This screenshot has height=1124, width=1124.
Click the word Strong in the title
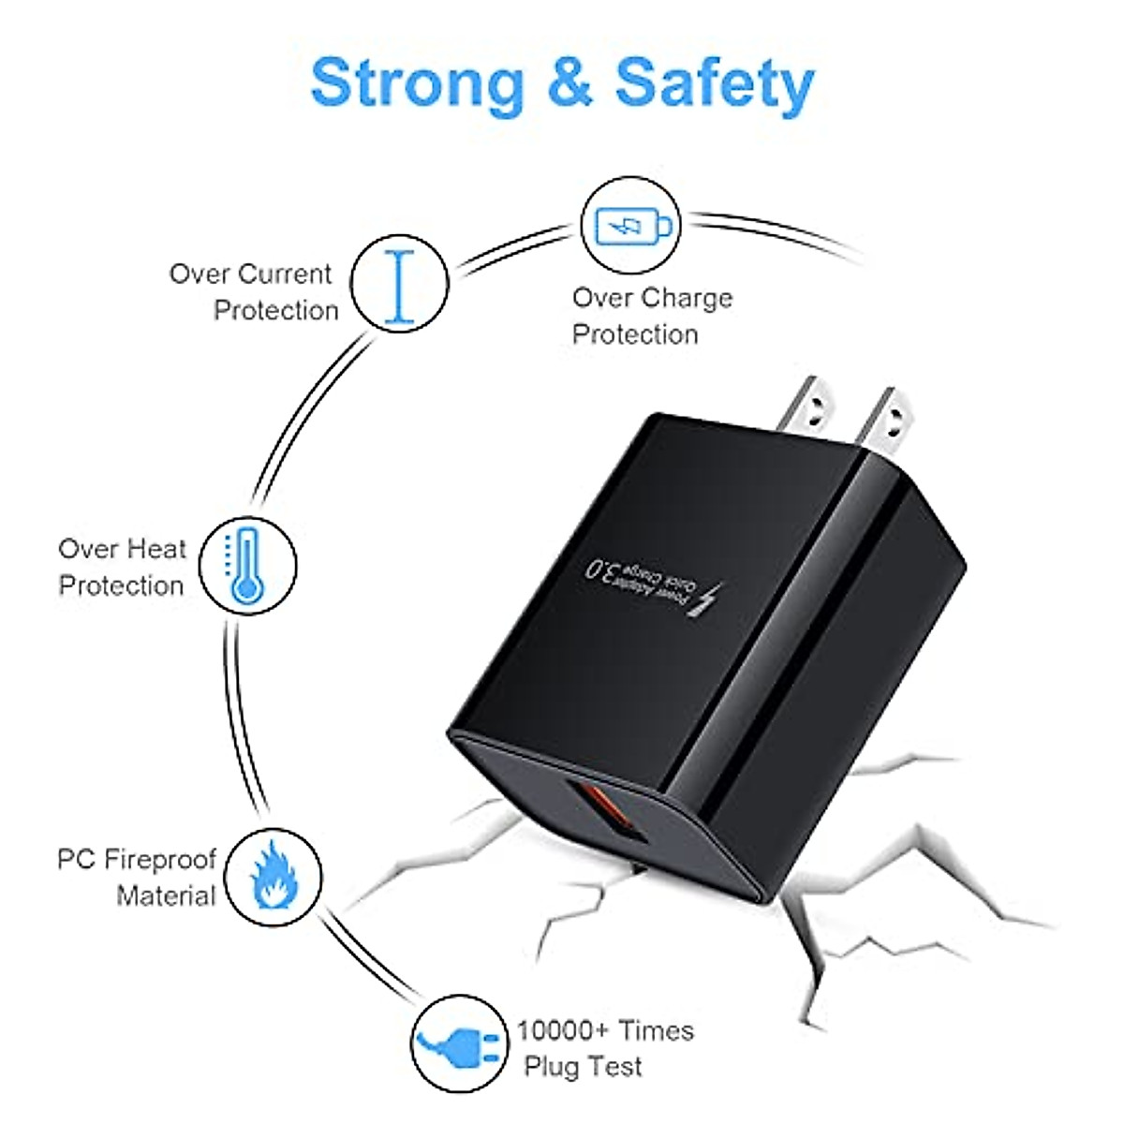click(x=417, y=84)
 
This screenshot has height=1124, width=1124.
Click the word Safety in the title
click(x=714, y=84)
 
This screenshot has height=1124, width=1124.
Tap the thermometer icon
click(x=247, y=566)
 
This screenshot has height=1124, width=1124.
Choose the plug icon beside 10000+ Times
click(x=458, y=1043)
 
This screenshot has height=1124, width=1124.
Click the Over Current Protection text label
click(x=253, y=291)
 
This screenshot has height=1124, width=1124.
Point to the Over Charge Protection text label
click(x=652, y=316)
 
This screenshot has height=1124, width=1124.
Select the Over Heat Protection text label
click(x=122, y=567)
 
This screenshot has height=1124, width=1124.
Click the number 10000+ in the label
click(x=563, y=1030)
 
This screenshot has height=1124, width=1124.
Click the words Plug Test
click(x=583, y=1067)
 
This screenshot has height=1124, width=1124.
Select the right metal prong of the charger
click(x=887, y=418)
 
